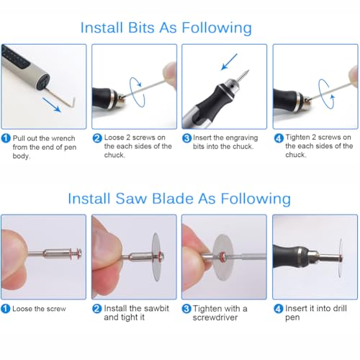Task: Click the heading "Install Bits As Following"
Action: point(166,28)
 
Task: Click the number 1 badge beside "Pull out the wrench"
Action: point(6,138)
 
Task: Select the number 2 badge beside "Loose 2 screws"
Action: point(97,138)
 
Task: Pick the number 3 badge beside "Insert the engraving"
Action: point(186,138)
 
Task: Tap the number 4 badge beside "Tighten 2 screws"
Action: point(278,138)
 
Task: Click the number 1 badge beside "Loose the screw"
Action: point(6,308)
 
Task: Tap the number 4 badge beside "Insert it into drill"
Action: point(278,308)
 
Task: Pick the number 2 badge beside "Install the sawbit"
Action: point(97,308)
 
